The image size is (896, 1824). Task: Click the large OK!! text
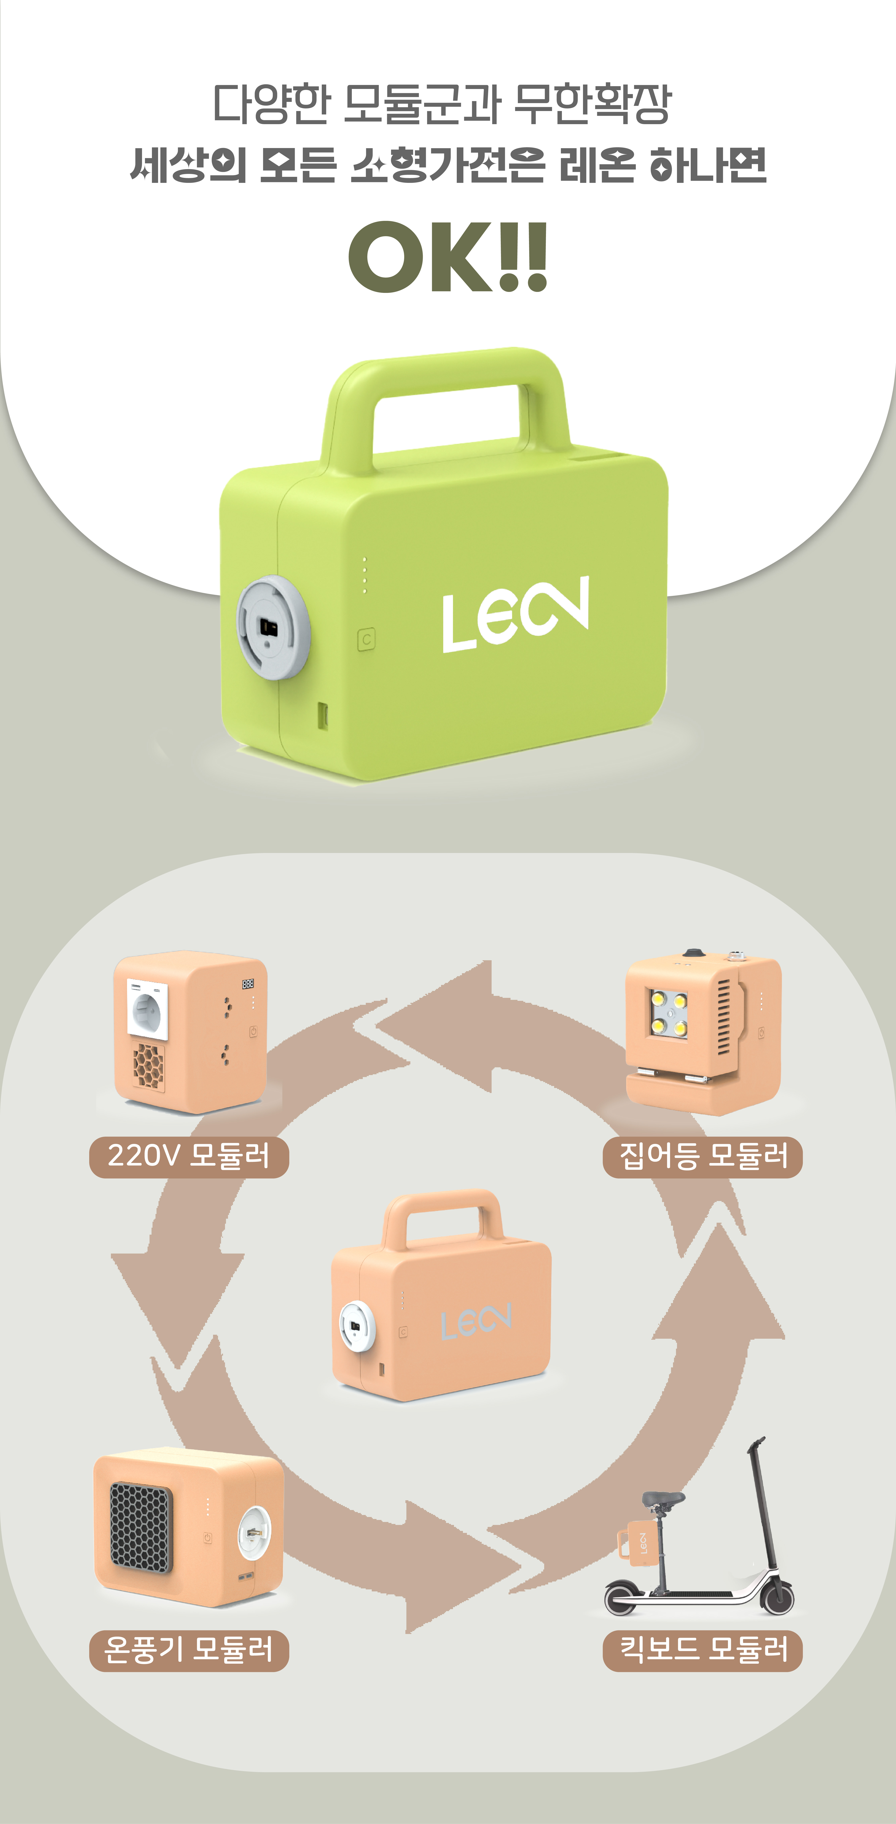tap(448, 256)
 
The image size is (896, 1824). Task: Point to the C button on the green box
tap(366, 639)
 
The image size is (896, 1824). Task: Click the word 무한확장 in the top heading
tap(591, 104)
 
